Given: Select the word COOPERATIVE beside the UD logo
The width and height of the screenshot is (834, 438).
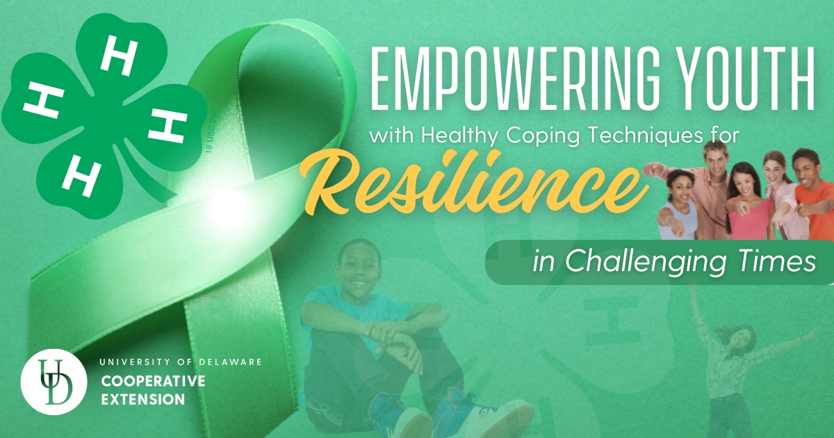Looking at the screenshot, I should (154, 381).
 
